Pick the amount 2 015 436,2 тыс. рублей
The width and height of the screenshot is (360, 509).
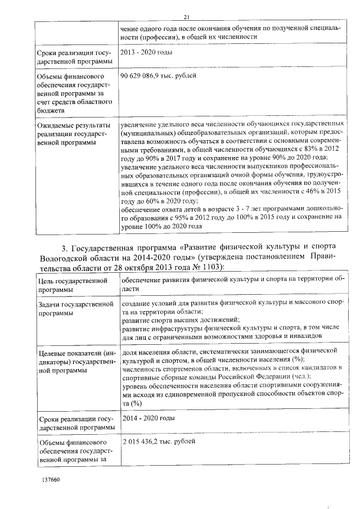coord(159,442)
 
